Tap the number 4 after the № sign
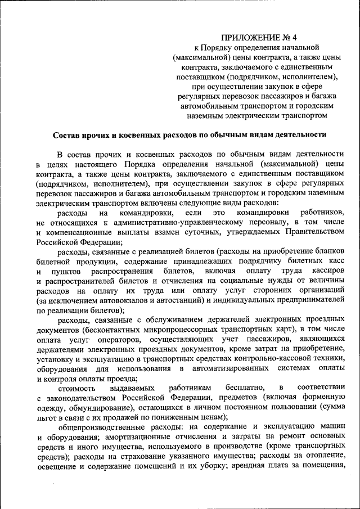tap(294, 38)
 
